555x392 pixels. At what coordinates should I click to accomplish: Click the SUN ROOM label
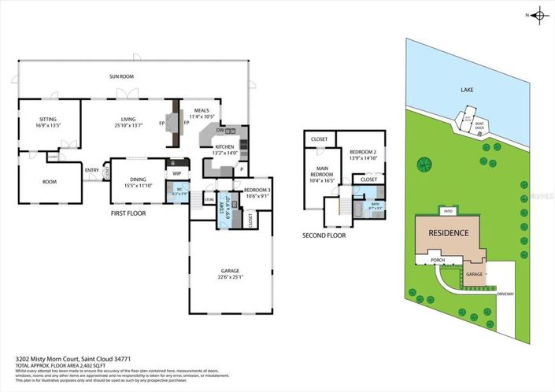(120, 76)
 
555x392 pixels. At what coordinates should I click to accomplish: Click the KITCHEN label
(225, 146)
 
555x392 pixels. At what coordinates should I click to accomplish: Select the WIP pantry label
(176, 174)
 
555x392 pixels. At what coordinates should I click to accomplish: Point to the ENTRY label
(92, 169)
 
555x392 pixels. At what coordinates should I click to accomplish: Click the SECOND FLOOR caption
(324, 235)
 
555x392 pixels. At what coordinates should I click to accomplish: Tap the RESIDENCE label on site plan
(449, 233)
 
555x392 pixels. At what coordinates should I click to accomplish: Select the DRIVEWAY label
(505, 294)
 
